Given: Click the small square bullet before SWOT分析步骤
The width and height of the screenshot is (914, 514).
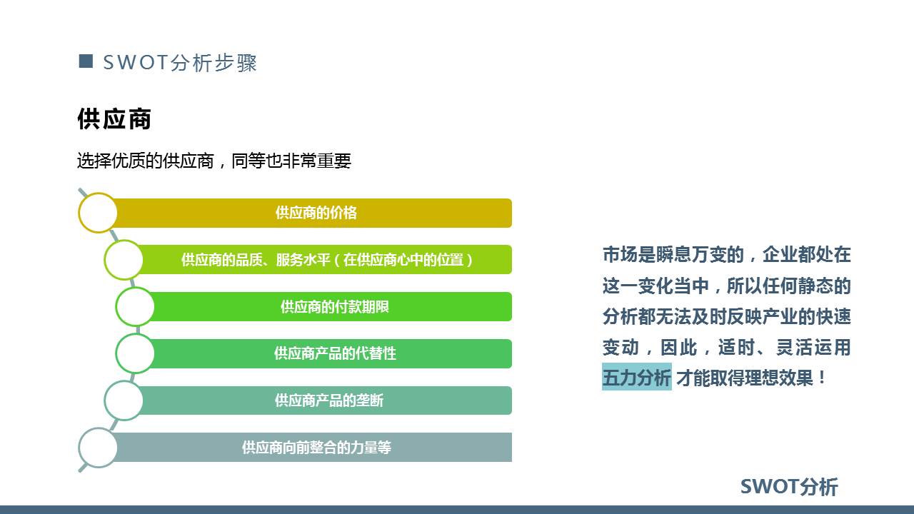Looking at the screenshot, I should pos(86,61).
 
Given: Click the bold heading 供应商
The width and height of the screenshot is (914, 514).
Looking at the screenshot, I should pos(114,119).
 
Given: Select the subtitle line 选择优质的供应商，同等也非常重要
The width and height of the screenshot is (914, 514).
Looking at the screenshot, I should pos(214,161).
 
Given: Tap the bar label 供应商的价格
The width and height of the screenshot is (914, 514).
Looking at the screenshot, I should pos(316,213).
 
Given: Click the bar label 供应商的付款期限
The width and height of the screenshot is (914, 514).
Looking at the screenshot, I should pos(334,307).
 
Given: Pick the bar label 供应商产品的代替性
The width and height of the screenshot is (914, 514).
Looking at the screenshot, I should pos(334,353).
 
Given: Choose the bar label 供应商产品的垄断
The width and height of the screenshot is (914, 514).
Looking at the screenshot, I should pos(329,400).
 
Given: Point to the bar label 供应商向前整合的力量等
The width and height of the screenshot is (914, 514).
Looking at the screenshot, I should pos(316,448).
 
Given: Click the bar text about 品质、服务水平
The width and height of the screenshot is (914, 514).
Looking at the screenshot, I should pos(327,260).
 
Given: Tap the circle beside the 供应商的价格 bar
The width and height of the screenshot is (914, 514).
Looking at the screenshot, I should pos(98,213).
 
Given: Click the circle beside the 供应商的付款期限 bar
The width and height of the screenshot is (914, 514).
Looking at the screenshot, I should pos(135,307).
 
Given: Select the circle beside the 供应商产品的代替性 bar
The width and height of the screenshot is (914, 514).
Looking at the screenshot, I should pos(135,353).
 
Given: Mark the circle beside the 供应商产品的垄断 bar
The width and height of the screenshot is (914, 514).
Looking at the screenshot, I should pos(124,400).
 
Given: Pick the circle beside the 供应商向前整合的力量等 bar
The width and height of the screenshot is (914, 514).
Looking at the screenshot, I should pos(98,448).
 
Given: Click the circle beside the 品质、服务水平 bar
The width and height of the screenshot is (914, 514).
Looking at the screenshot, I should pos(124,260).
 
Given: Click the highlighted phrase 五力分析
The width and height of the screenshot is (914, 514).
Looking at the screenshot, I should pos(636,378).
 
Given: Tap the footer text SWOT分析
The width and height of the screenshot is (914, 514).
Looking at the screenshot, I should pos(789,487).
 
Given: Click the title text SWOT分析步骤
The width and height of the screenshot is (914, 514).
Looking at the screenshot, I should pos(180,63).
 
